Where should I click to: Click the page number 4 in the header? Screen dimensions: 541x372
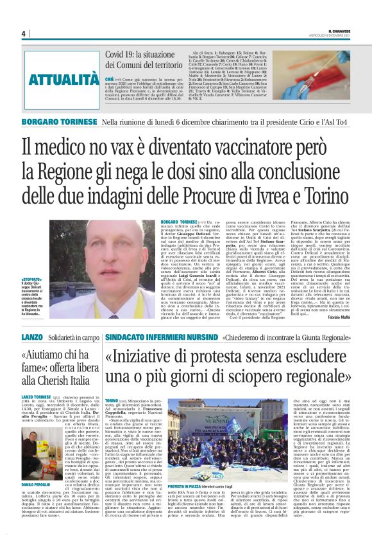click(x=23, y=33)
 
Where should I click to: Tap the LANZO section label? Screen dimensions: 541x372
click(x=31, y=337)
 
